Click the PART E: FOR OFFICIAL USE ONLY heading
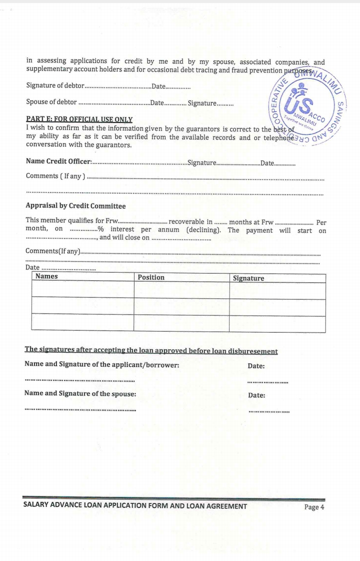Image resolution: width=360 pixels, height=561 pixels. point(79,119)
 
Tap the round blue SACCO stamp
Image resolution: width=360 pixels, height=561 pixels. point(306,106)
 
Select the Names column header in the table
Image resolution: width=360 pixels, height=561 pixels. point(46,276)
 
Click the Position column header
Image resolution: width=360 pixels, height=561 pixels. point(151,277)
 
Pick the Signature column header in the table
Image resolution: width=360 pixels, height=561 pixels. point(248,278)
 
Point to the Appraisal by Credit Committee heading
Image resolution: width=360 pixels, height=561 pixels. point(75,206)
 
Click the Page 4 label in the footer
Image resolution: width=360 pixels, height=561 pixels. point(314,507)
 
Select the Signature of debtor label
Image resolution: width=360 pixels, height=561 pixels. point(55,86)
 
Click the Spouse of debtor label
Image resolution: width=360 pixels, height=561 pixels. point(51,102)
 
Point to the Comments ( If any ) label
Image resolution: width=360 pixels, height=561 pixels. point(55,176)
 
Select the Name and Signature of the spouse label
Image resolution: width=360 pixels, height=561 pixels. point(80,393)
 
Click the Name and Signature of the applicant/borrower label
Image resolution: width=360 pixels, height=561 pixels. point(102,364)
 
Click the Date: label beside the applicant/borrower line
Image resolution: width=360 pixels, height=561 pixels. point(256,366)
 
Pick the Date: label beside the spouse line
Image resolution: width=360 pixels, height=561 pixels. point(256,395)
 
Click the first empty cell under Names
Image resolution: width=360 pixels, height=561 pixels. point(82,290)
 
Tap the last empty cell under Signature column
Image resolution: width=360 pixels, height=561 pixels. point(277,323)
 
